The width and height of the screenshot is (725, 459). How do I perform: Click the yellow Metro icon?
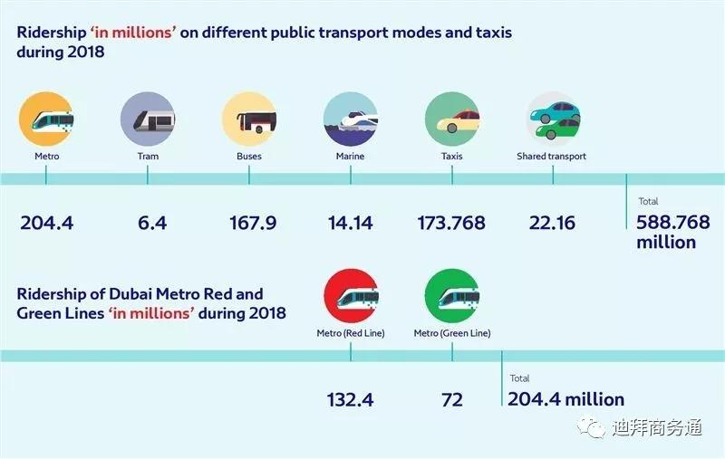46,119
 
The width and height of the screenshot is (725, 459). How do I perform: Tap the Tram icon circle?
147,119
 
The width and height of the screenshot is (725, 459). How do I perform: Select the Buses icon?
248,119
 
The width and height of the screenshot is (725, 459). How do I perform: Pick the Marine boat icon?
350,119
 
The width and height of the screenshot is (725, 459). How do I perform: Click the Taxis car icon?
451,119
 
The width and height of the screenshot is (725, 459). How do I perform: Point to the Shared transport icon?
553,119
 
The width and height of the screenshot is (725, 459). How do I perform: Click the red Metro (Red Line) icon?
350,296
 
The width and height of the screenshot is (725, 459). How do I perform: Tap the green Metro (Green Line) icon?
451,296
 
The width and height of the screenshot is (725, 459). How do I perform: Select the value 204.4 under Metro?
46,223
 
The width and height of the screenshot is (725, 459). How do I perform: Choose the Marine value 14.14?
350,223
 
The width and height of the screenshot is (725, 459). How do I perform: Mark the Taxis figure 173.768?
451,223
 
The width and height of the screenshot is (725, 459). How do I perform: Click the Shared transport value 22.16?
552,223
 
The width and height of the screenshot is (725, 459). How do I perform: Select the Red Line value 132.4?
350,399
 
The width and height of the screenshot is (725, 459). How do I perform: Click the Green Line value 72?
451,399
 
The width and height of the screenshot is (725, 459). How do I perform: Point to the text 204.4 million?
566,399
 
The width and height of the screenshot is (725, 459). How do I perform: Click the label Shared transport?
552,157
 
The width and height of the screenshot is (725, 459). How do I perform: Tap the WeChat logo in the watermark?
593,426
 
